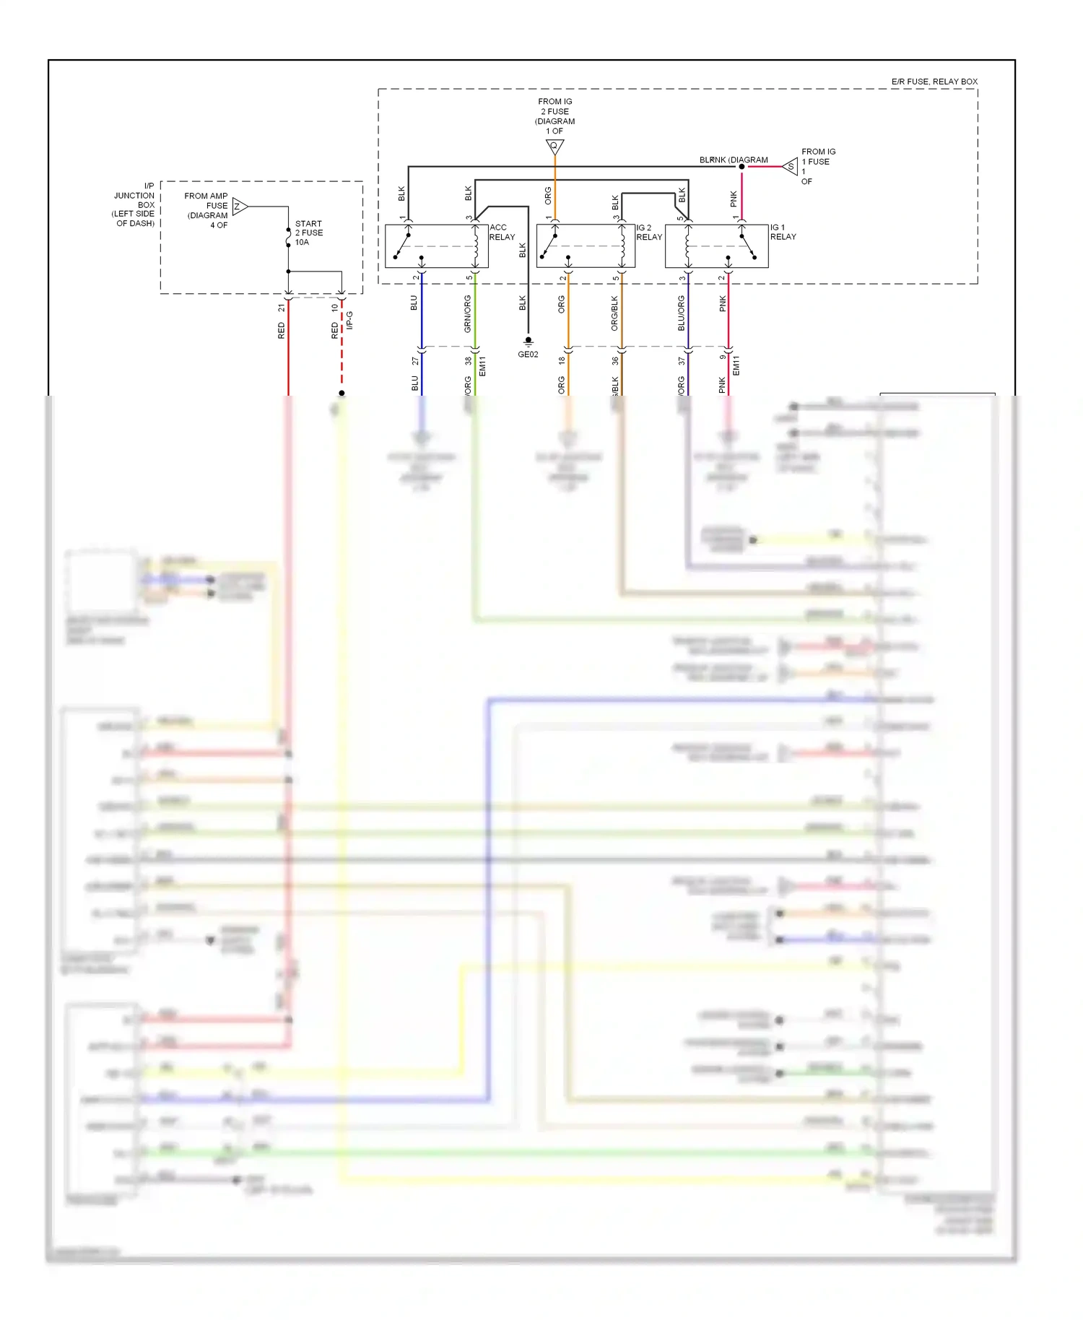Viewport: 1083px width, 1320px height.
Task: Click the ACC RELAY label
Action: tap(502, 232)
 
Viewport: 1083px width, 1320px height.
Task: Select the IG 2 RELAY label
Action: tap(648, 232)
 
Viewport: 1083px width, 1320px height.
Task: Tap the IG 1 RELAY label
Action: tap(783, 232)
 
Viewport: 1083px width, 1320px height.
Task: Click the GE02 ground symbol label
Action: tap(528, 354)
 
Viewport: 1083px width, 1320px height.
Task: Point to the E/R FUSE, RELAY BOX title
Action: tap(934, 82)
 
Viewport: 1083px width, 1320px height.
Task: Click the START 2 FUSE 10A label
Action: tap(308, 233)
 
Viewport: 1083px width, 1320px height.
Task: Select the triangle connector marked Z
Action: tap(239, 207)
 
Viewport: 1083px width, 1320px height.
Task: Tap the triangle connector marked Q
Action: tap(554, 147)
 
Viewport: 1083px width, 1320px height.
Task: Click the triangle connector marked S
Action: tap(791, 167)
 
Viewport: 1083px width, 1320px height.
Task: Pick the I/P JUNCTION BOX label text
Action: tap(135, 204)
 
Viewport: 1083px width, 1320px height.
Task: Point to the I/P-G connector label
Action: tap(349, 321)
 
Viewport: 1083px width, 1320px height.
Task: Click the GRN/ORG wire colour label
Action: tap(467, 313)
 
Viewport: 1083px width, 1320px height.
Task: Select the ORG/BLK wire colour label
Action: tap(614, 313)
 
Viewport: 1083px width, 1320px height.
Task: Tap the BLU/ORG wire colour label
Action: tap(681, 313)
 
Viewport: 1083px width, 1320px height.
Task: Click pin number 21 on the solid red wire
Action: tap(281, 308)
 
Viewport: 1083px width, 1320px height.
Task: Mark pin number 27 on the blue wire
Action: tap(415, 360)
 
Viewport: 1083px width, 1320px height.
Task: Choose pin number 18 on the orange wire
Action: tap(562, 360)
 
